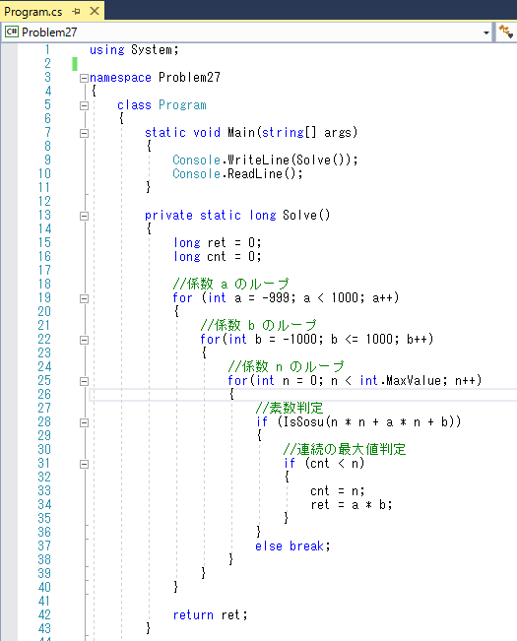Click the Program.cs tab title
(33, 12)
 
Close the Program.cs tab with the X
(95, 11)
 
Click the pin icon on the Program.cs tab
(77, 12)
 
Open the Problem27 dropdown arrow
(485, 32)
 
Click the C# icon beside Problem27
(12, 32)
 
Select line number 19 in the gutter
(44, 297)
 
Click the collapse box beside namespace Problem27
(84, 78)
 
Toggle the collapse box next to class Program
(84, 105)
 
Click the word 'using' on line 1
(106, 50)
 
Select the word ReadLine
(255, 173)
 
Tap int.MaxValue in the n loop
(401, 381)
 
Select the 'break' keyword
(306, 546)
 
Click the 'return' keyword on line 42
(193, 615)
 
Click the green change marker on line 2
(75, 64)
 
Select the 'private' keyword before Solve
(168, 216)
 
